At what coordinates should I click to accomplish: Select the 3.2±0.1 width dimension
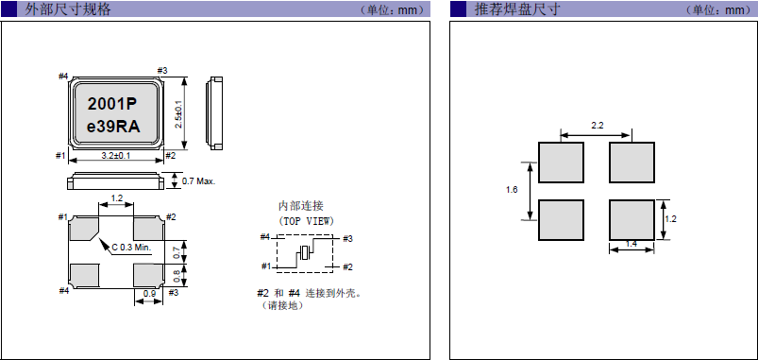tap(115, 156)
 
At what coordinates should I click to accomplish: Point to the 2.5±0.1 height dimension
tap(179, 115)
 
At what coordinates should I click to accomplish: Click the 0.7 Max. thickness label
tap(198, 180)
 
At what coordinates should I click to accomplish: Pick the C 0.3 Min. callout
tap(131, 247)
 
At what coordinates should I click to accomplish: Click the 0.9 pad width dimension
tap(148, 293)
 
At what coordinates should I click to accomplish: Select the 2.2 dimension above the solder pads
tap(597, 126)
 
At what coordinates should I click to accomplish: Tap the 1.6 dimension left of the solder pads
tap(512, 190)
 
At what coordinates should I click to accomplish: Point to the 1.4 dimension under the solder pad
tap(632, 245)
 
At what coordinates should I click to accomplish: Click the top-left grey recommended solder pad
tap(561, 163)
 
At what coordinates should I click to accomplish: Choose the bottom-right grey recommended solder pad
tap(632, 219)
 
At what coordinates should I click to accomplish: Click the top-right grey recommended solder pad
tap(632, 163)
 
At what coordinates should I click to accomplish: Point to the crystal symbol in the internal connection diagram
tap(303, 253)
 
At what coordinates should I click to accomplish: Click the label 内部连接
tap(301, 206)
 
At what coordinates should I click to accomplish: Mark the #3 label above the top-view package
tap(162, 71)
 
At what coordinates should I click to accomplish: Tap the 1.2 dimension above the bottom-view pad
tap(117, 198)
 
